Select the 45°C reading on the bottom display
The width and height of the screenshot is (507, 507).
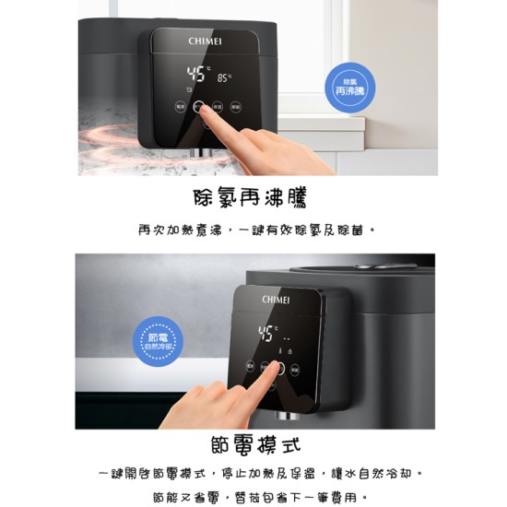268,333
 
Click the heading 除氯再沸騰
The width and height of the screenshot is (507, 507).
250,197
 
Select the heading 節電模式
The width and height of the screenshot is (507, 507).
250,447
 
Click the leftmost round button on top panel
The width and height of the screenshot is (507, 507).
180,106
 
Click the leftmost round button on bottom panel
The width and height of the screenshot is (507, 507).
250,367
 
